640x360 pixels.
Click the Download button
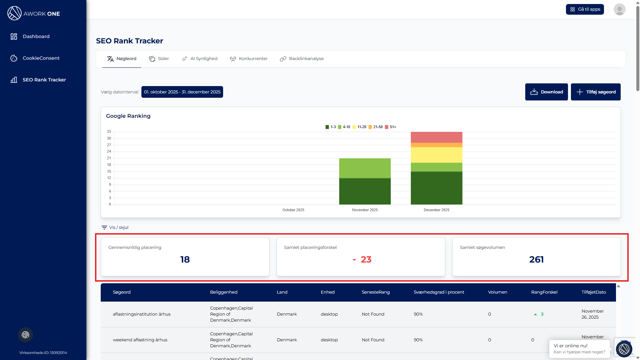coord(546,92)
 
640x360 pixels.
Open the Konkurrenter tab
coord(249,59)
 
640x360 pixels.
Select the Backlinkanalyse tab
coord(302,59)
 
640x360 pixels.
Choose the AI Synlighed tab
coord(199,59)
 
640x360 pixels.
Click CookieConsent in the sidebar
coord(41,58)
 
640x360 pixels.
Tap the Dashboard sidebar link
coord(36,36)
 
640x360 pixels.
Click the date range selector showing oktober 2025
coord(182,92)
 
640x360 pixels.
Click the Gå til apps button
coord(585,9)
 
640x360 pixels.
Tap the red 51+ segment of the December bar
coord(436,137)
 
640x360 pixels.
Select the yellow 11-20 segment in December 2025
coord(436,155)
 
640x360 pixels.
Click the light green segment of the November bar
coord(365,168)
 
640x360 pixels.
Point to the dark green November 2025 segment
coord(365,191)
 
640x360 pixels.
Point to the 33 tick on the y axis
coord(109,132)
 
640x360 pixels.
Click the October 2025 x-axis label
coord(293,210)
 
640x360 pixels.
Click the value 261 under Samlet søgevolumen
coord(536,260)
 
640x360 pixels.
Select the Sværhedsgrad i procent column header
coord(439,292)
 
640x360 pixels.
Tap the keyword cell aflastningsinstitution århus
coord(141,314)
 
